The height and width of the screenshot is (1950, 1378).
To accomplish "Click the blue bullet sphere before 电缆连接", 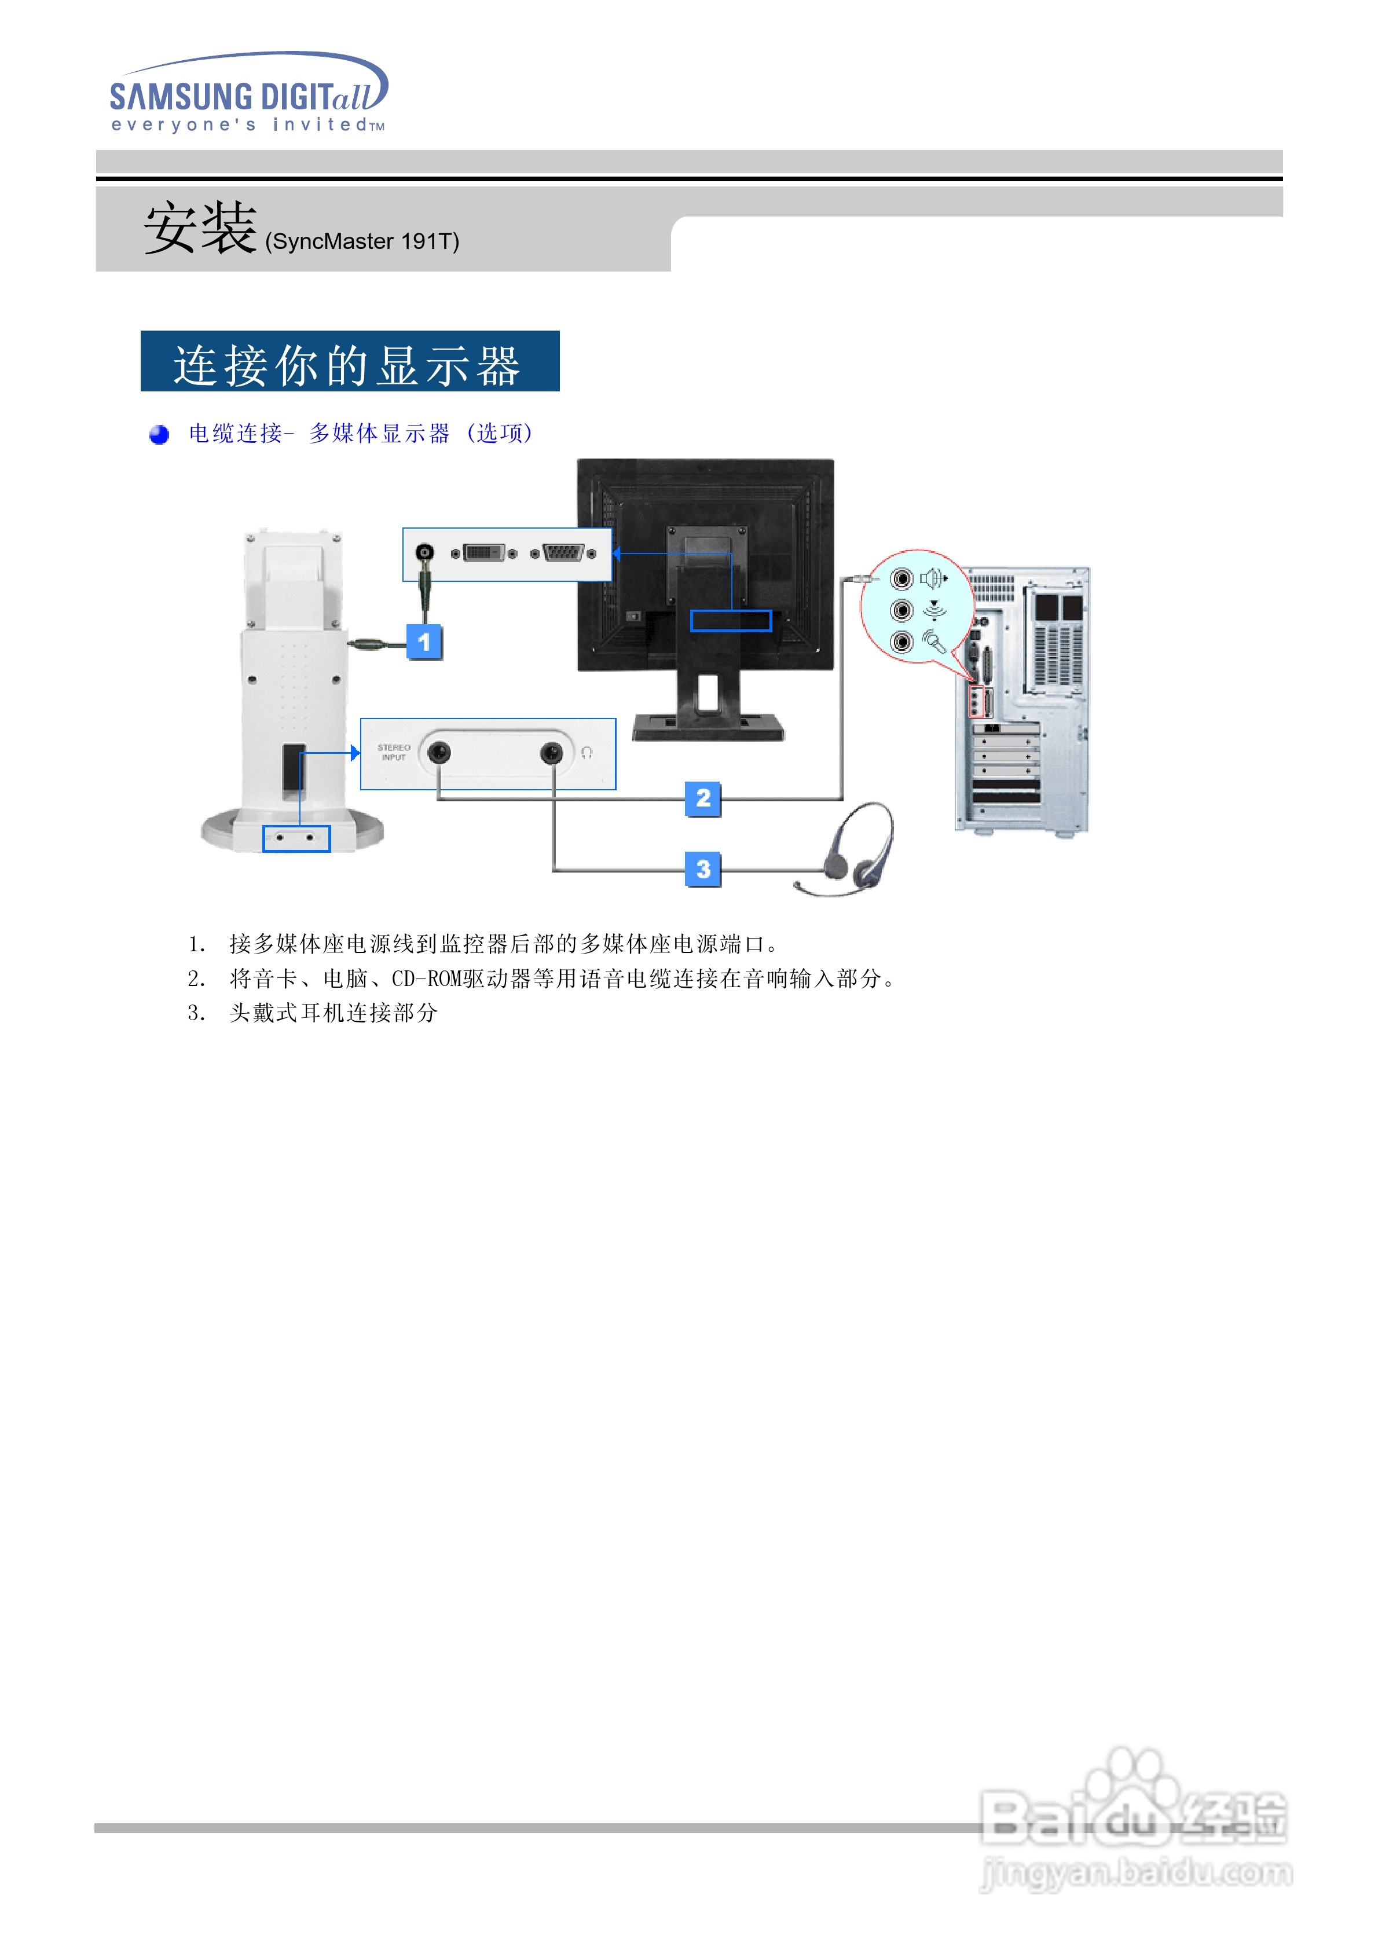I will [159, 435].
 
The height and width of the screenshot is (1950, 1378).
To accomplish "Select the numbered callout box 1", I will [424, 642].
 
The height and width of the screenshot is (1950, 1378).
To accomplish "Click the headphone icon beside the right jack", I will [586, 753].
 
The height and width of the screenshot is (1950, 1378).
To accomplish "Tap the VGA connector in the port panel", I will [562, 554].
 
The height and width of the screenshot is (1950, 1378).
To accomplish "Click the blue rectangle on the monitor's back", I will [731, 621].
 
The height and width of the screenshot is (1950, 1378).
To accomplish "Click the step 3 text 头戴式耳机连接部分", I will [333, 1013].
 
